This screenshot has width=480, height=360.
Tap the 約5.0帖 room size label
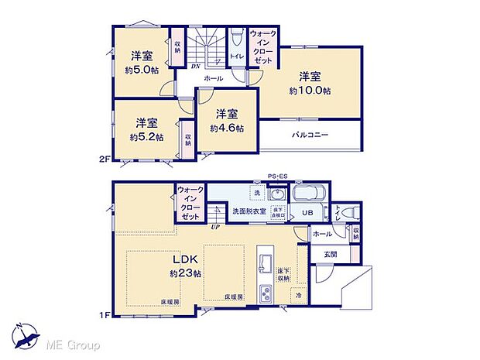point(140,69)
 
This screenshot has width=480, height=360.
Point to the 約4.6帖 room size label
point(226,128)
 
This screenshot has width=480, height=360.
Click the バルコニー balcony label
point(310,135)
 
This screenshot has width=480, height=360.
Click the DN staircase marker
point(195,67)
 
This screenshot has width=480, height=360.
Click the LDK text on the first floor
point(186,259)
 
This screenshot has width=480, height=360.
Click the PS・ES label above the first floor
point(276,176)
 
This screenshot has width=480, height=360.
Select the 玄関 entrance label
point(331,252)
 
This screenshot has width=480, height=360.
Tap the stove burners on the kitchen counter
point(265,293)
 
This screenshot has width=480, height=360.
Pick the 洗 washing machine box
point(255,193)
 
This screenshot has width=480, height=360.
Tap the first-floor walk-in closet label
point(190,204)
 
